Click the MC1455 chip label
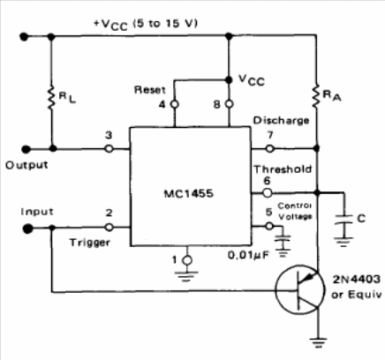pyautogui.click(x=188, y=194)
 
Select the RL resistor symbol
pyautogui.click(x=51, y=97)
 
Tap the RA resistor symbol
pyautogui.click(x=316, y=96)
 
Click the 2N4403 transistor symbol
pyautogui.click(x=300, y=289)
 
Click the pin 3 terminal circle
pyautogui.click(x=109, y=149)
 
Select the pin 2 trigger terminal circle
pyautogui.click(x=109, y=227)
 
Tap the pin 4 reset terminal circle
pyautogui.click(x=175, y=104)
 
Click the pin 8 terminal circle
pyautogui.click(x=229, y=104)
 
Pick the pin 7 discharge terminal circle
pyautogui.click(x=269, y=148)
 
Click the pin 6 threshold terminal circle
pyautogui.click(x=267, y=193)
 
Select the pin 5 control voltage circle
pyautogui.click(x=269, y=226)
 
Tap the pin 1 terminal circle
pyautogui.click(x=187, y=260)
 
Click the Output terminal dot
pyautogui.click(x=26, y=149)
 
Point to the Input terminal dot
pyautogui.click(x=27, y=229)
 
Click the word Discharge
pyautogui.click(x=282, y=121)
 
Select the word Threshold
pyautogui.click(x=283, y=169)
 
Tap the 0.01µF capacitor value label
pyautogui.click(x=248, y=255)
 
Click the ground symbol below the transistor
pyautogui.click(x=318, y=341)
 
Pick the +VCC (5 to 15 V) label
pyautogui.click(x=146, y=25)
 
